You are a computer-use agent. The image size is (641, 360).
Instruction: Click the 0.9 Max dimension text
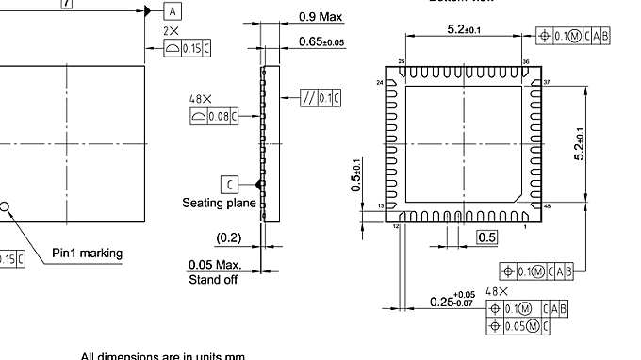[320, 17]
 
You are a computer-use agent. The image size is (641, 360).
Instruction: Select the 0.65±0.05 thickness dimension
[320, 41]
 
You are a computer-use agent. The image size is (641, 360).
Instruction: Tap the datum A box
[173, 10]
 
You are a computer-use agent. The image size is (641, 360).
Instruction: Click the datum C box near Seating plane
[230, 184]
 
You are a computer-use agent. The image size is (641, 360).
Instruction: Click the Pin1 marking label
[87, 254]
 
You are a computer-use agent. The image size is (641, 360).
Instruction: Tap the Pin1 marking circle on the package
[4, 205]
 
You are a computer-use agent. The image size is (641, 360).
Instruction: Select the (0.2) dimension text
[228, 237]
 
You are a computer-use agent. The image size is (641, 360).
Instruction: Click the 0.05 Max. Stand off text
[214, 271]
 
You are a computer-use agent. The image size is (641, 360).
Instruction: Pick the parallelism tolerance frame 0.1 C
[320, 98]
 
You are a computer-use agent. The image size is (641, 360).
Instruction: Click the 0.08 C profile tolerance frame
[214, 115]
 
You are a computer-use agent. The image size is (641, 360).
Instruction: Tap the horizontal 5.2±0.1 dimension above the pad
[464, 30]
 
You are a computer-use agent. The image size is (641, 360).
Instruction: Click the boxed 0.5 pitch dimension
[486, 237]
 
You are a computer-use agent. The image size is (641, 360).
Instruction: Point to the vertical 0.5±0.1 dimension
[356, 175]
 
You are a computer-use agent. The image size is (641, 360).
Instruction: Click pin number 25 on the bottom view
[402, 62]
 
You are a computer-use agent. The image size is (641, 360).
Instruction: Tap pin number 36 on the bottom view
[526, 62]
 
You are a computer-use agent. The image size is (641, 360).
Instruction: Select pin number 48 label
[547, 205]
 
